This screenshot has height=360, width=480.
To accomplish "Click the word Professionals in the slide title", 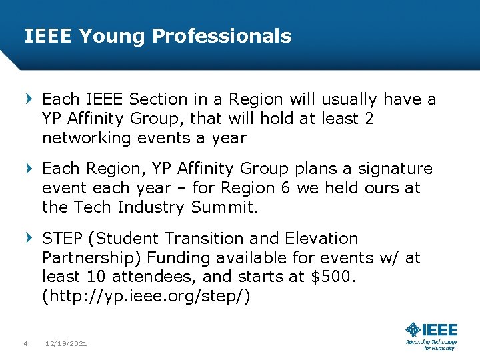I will [x=221, y=36].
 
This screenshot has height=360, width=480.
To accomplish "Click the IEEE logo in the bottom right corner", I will [x=431, y=336].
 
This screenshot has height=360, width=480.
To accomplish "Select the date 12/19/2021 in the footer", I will [x=66, y=344].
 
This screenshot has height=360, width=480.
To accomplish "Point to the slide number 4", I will [x=25, y=344].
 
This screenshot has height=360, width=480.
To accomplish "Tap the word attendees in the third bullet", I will [x=143, y=277].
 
